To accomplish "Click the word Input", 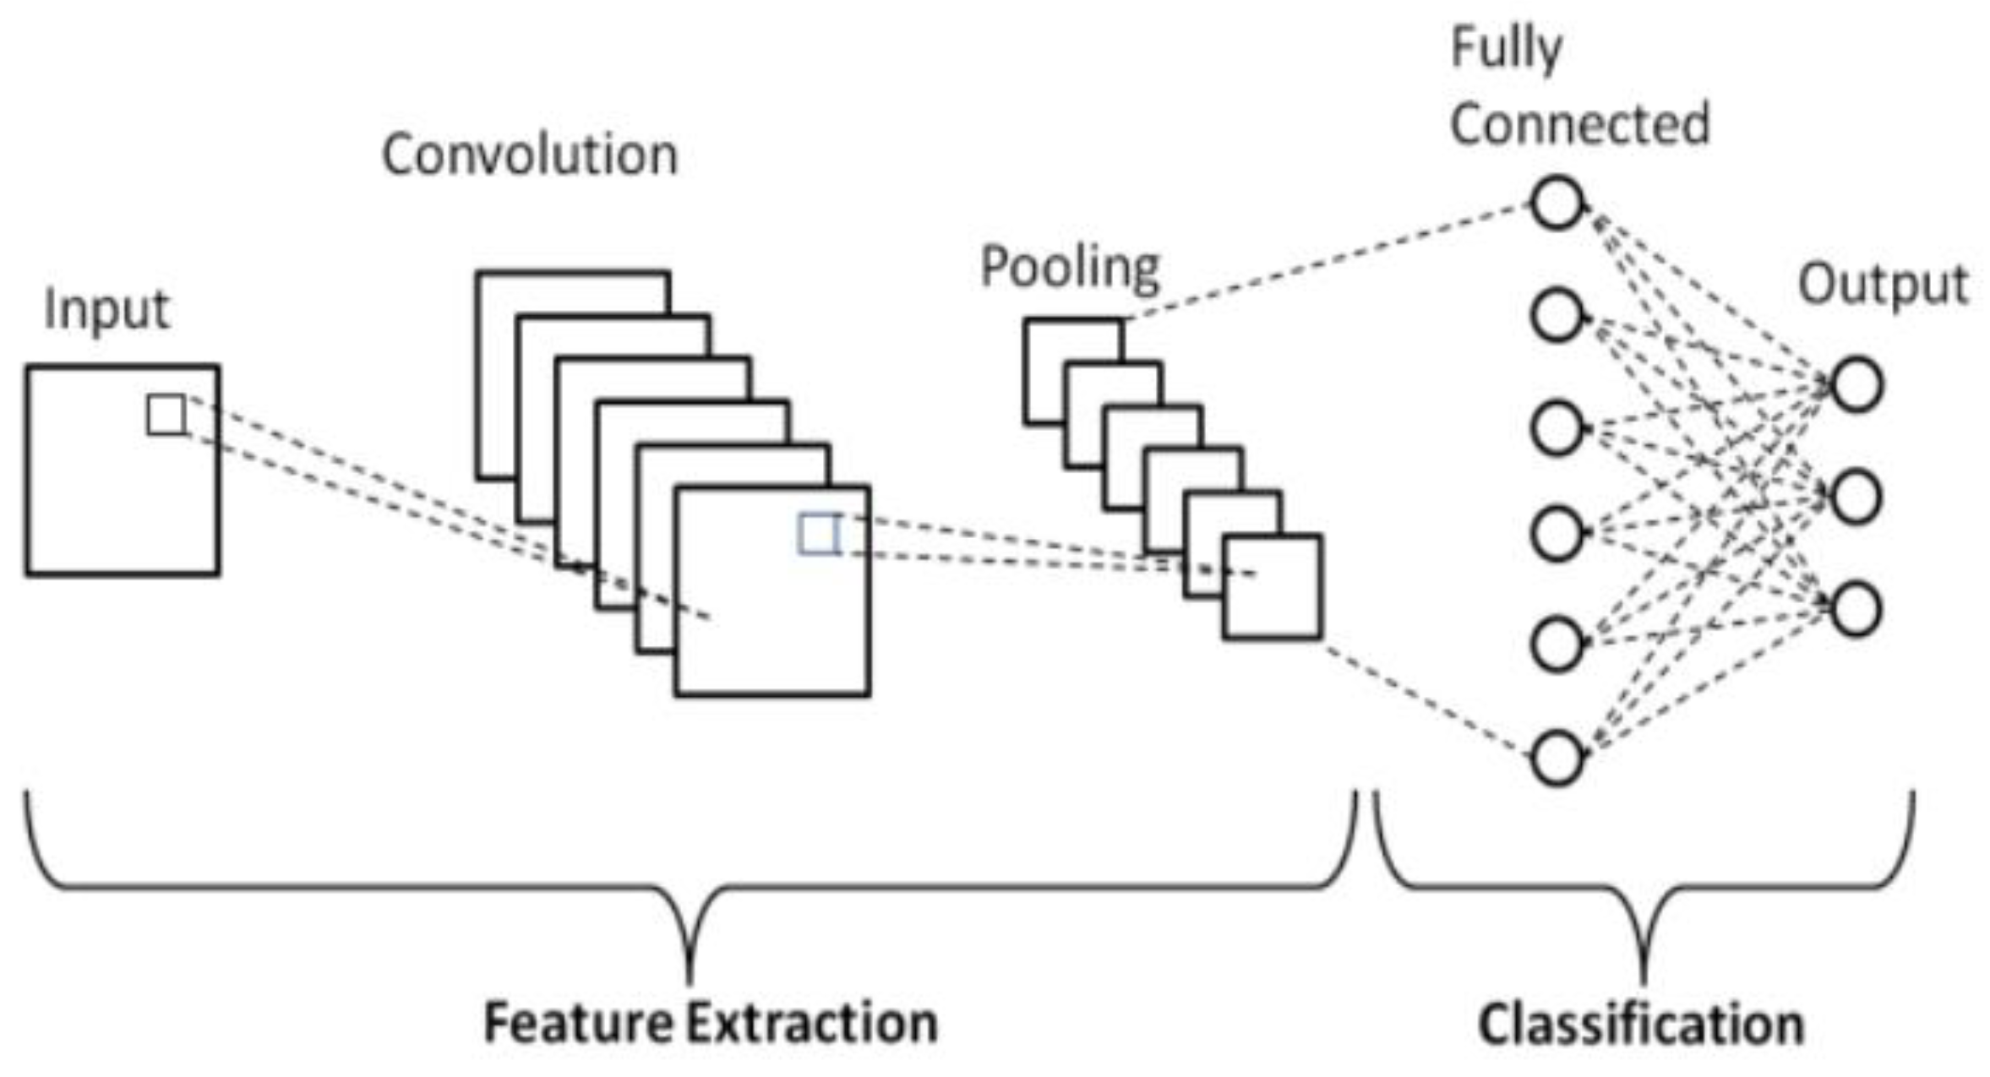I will pyautogui.click(x=106, y=311).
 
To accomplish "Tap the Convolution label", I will pyautogui.click(x=530, y=155).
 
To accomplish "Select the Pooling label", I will pyautogui.click(x=1070, y=269).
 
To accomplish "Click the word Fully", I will pyautogui.click(x=1506, y=49).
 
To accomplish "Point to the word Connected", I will pyautogui.click(x=1579, y=124).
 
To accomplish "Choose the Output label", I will pyautogui.click(x=1883, y=286).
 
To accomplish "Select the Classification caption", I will pyautogui.click(x=1641, y=1024).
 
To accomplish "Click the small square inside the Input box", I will pyautogui.click(x=166, y=415).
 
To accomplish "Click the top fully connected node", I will pyautogui.click(x=1556, y=203).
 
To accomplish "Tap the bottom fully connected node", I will pyautogui.click(x=1556, y=758).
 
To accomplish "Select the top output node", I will pyautogui.click(x=1856, y=385).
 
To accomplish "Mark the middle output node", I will pyautogui.click(x=1856, y=497).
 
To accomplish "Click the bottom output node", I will pyautogui.click(x=1856, y=609).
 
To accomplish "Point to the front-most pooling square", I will pyautogui.click(x=1272, y=586).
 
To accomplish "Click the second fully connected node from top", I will pyautogui.click(x=1556, y=315).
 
